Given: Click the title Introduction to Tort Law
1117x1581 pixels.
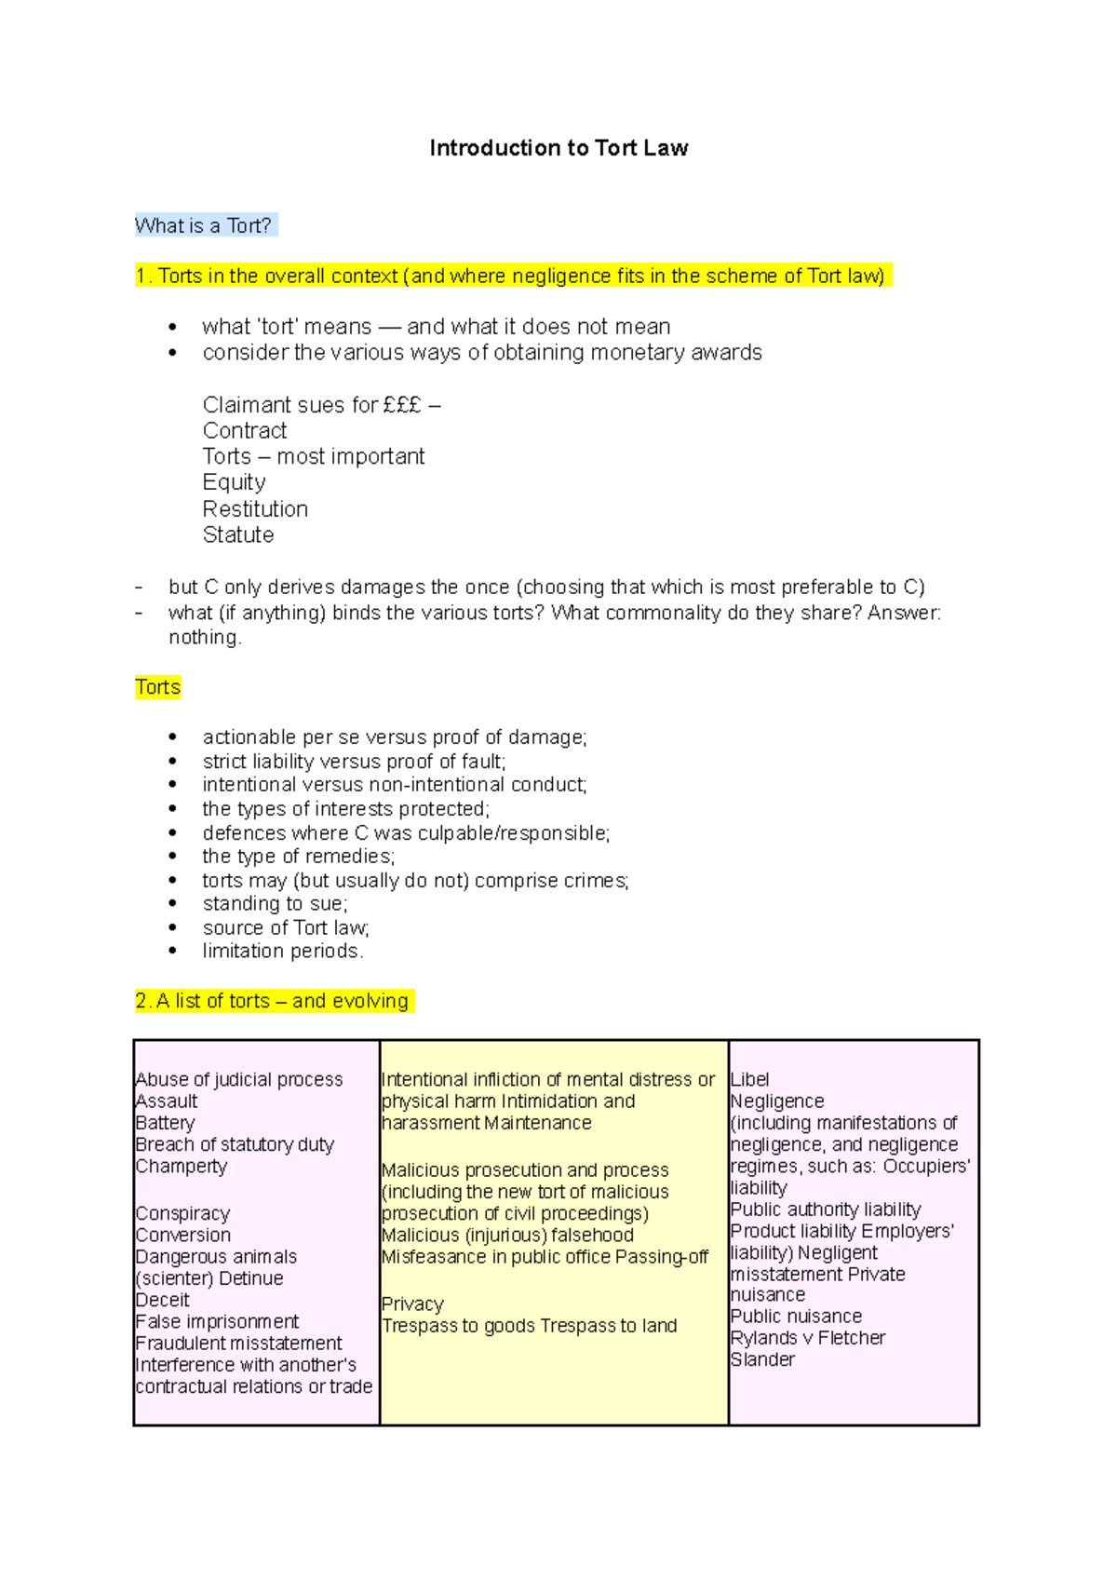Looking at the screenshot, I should pos(558,148).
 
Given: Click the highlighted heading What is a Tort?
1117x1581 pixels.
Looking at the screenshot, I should pos(204,225).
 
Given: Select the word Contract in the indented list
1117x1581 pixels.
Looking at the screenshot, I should pos(245,431).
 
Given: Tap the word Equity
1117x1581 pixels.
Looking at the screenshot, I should pos(235,482).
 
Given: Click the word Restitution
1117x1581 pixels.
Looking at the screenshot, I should pos(255,509).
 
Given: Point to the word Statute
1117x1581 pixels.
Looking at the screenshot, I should pos(238,535).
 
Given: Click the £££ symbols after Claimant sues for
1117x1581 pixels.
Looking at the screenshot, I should pos(402,405).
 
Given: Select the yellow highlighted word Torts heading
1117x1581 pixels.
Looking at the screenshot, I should pos(157,687).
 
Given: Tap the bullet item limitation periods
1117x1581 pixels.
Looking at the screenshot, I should pos(282,951).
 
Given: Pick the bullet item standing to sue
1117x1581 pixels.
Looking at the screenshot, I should pos(275,903).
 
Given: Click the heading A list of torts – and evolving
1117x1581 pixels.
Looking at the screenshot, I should pos(272,1001).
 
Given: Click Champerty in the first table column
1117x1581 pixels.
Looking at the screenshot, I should pos(182,1167).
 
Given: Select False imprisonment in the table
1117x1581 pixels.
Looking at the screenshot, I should pos(217,1322).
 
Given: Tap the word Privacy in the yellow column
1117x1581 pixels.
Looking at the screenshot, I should pos(412,1304).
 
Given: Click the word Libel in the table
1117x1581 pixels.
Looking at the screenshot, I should pos(749,1080).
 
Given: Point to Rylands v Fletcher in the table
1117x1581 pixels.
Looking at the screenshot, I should pos(807,1338).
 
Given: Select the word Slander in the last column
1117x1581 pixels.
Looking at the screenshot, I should pos(762,1359).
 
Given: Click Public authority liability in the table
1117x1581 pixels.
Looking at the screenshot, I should pos(826,1209).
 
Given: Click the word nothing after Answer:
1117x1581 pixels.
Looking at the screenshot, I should pos(204,638).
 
